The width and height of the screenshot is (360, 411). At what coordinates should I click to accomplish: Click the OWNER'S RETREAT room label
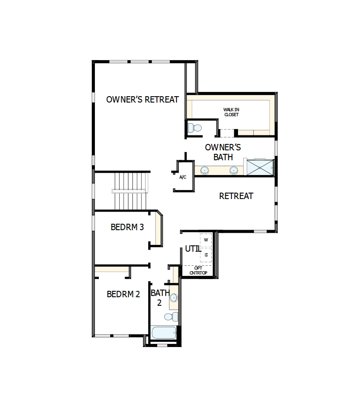tap(142, 100)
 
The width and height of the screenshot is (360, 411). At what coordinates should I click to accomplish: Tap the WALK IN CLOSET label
tap(231, 112)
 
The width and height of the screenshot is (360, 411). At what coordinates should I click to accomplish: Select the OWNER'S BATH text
tap(223, 152)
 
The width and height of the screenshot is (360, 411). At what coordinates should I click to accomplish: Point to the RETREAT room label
tap(236, 196)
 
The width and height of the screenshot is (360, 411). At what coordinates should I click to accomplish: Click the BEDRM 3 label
tap(127, 227)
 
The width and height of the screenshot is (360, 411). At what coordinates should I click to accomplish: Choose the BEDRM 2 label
tap(123, 294)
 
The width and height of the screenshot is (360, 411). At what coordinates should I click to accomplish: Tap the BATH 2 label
tap(160, 298)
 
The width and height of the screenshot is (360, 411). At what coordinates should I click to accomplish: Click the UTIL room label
tap(193, 249)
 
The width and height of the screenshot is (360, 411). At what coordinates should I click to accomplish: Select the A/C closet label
tap(183, 177)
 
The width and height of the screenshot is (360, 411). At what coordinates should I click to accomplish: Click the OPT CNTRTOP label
tap(198, 270)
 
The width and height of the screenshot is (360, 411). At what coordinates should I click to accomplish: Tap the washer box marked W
tap(206, 240)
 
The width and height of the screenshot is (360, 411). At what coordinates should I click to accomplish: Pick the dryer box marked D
tap(206, 255)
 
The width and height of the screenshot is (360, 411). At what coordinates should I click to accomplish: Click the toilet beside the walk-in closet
tap(195, 128)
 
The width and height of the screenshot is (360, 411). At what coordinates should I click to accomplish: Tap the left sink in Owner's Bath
tap(204, 170)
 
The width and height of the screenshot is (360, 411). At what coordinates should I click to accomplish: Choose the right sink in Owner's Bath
tap(233, 170)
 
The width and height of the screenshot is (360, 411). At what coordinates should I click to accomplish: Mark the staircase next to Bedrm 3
tap(131, 191)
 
